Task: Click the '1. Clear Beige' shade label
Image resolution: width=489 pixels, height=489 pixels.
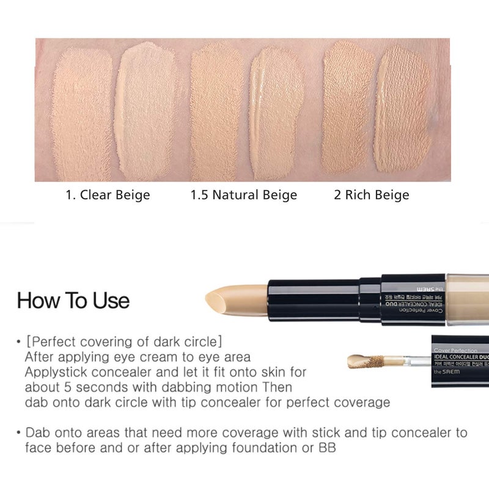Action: pos(108,196)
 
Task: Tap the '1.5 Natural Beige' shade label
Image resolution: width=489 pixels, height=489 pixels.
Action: pos(243,196)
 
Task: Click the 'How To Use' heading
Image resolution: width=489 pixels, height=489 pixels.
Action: pos(73,301)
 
